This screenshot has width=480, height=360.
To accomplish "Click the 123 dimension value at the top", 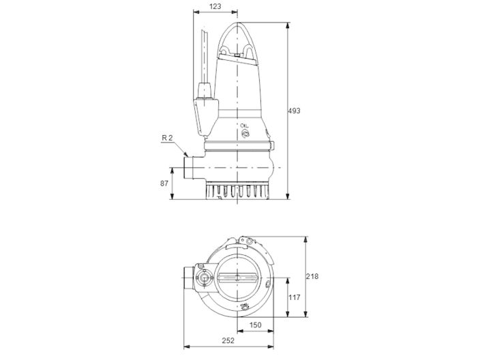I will click(x=216, y=6).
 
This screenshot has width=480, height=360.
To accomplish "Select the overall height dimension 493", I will click(x=295, y=110).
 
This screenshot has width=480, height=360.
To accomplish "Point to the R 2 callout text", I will click(x=168, y=138).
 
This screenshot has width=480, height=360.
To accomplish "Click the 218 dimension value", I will click(x=313, y=276).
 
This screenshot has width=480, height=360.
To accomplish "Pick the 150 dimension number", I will click(x=255, y=325).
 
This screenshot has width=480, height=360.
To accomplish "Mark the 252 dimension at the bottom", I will click(x=229, y=340).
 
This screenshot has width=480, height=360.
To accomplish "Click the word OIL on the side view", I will click(x=245, y=127).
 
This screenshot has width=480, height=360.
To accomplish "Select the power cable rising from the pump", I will click(x=205, y=55).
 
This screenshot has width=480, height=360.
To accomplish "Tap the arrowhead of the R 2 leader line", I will click(x=183, y=155).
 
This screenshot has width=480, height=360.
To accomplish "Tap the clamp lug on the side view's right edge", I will click(x=273, y=145).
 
